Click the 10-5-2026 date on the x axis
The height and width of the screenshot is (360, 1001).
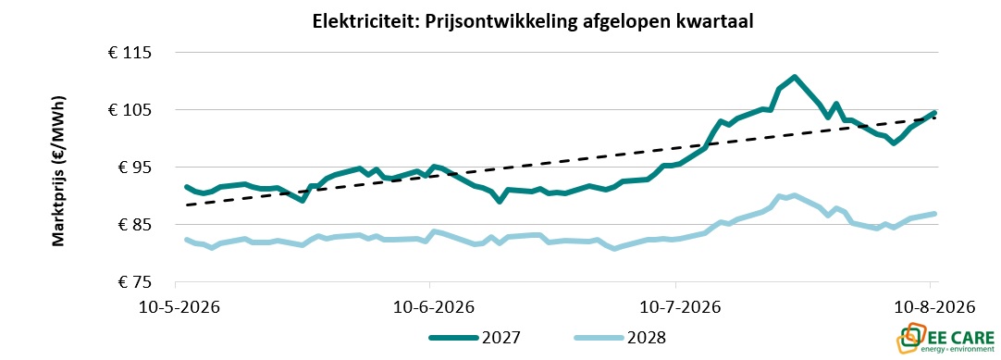coord(179,307)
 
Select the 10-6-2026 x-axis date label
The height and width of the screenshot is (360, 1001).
coord(431,307)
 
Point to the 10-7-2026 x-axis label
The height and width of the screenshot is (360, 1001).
coord(680,307)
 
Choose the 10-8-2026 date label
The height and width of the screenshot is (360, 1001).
coord(935,307)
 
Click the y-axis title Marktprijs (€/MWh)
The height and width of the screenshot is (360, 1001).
coord(58,172)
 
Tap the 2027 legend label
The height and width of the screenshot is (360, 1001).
coord(501,338)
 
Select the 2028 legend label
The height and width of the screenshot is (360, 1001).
coord(648,338)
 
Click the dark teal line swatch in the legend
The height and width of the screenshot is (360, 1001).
coord(453,338)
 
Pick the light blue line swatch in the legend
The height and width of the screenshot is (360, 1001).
coord(599,338)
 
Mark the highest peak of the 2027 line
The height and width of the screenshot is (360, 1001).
coord(794,77)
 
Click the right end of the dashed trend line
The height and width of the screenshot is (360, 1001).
coord(936,118)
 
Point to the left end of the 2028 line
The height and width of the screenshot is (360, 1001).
coord(186,240)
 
